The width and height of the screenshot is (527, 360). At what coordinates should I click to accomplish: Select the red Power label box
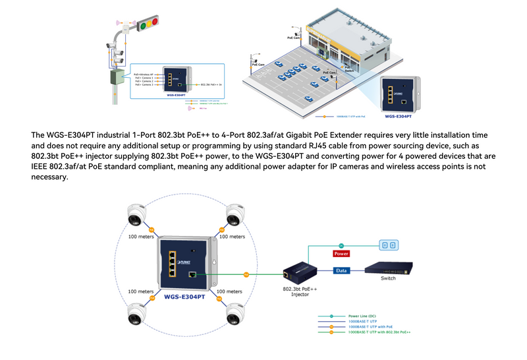[x=341, y=253]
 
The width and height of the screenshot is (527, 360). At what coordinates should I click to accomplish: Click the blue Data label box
[x=341, y=270]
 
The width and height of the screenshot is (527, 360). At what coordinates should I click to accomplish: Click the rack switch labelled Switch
[x=389, y=268]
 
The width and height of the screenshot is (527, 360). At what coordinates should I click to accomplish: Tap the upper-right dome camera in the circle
[x=236, y=216]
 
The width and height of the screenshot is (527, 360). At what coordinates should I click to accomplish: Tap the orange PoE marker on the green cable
[x=246, y=274]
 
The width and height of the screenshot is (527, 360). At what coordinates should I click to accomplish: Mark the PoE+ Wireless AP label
[x=144, y=74]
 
